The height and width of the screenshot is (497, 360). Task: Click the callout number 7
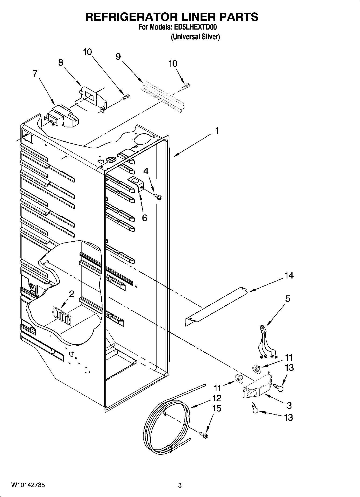click(35, 73)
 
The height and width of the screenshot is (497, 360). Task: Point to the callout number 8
click(61, 63)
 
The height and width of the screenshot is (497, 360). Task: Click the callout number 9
click(118, 56)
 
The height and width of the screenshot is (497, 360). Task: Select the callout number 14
click(289, 276)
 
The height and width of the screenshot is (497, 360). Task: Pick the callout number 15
click(216, 408)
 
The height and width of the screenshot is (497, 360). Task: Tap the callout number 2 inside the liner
click(71, 294)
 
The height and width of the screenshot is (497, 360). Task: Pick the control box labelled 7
click(63, 116)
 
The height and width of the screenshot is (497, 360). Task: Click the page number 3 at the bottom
click(180, 485)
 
